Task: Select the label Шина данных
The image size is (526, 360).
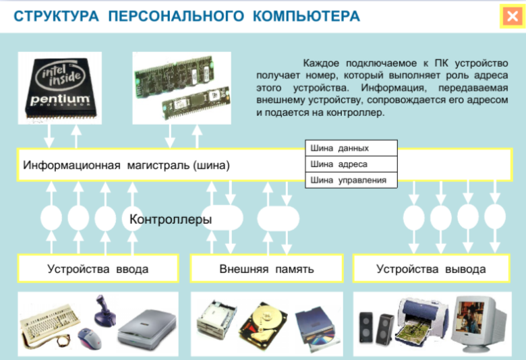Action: point(340,148)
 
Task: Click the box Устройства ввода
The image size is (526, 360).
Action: point(98,269)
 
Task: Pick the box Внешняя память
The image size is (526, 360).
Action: point(266,269)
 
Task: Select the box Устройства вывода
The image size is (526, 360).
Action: point(430,269)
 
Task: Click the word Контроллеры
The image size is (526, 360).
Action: point(171,219)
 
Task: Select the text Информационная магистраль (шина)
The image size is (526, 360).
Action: point(126,165)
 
